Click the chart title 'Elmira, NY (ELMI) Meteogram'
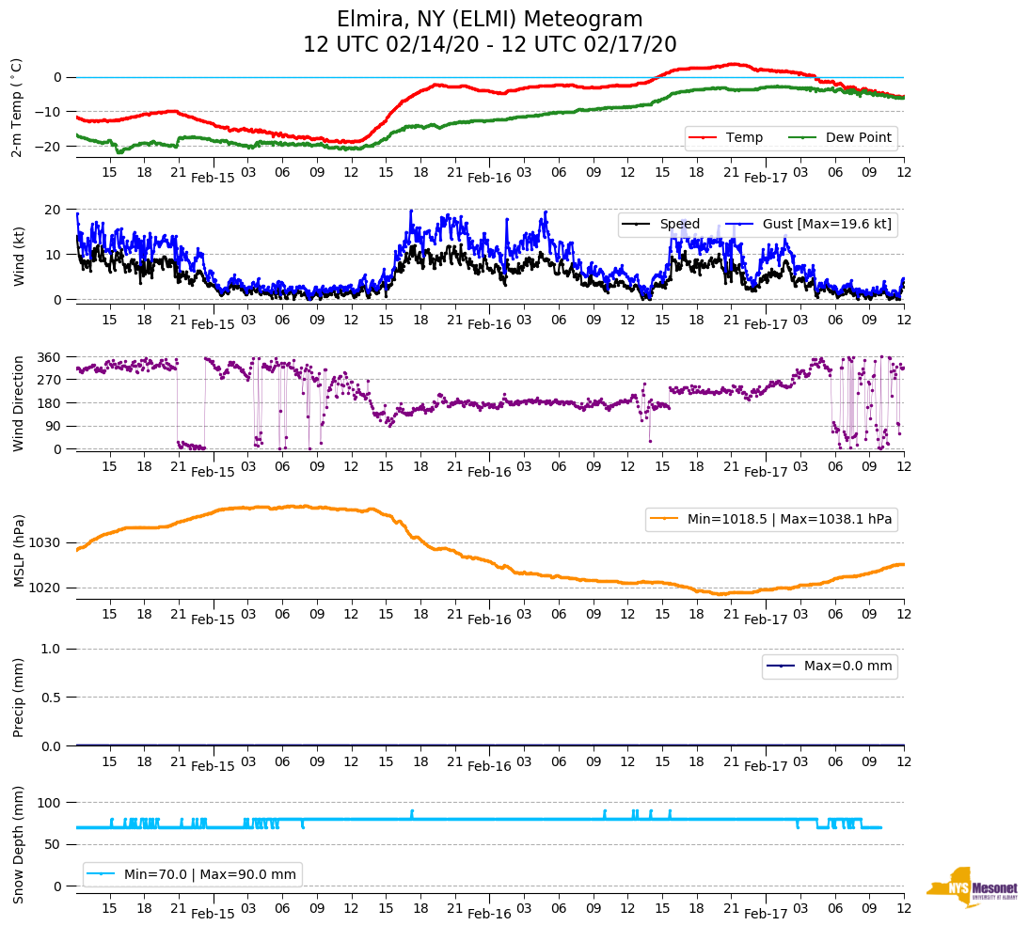pyautogui.click(x=489, y=20)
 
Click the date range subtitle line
pyautogui.click(x=489, y=45)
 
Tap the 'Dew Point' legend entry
pyautogui.click(x=858, y=137)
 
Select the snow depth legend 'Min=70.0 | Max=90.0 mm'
pyautogui.click(x=210, y=874)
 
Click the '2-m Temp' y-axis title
pyautogui.click(x=17, y=106)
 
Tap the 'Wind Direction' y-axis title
pyautogui.click(x=18, y=403)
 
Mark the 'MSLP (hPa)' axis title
pyautogui.click(x=18, y=551)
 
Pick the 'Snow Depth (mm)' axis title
pyautogui.click(x=18, y=843)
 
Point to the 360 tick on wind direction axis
pyautogui.click(x=50, y=357)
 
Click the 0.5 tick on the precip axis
pyautogui.click(x=52, y=698)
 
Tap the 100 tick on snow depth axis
pyautogui.click(x=50, y=803)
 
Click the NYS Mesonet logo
pyautogui.click(x=972, y=888)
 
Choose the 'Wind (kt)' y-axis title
pyautogui.click(x=18, y=254)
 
